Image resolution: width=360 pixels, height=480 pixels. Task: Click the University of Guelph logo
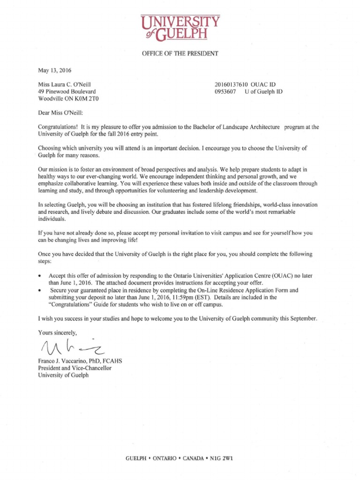click(x=180, y=27)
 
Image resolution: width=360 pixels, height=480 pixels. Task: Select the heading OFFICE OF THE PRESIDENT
click(x=180, y=53)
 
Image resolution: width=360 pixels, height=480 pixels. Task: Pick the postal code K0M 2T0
click(x=88, y=99)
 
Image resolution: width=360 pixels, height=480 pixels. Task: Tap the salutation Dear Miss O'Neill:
click(x=62, y=112)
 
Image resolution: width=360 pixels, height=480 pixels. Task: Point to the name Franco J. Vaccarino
click(x=63, y=360)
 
